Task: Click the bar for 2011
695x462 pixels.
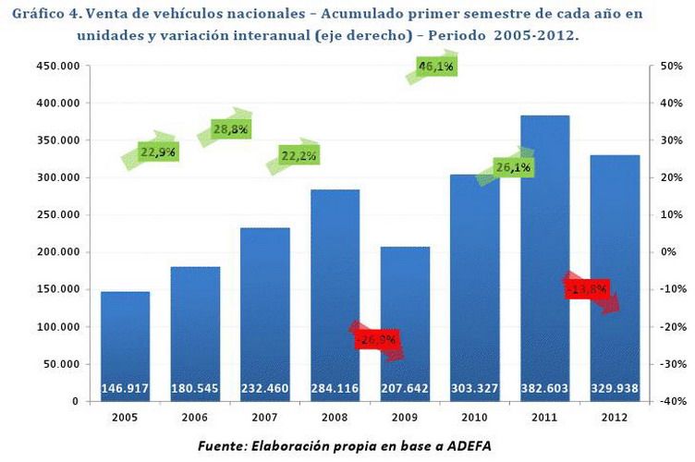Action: point(545,259)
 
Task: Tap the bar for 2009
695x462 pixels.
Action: point(405,314)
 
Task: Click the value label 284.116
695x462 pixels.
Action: point(335,389)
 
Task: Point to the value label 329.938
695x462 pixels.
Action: point(616,389)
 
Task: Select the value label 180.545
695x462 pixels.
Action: point(194,389)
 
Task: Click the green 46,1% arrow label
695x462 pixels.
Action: point(435,67)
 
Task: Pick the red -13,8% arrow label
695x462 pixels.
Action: point(589,290)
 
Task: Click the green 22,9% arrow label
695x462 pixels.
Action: point(157,152)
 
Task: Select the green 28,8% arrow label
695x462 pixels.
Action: point(229,130)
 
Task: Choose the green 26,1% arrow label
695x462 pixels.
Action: point(511,167)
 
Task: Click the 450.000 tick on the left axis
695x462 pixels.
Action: point(56,67)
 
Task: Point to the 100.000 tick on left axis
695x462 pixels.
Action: point(56,327)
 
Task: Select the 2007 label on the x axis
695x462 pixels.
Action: point(264,417)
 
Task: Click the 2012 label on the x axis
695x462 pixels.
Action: point(616,417)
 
